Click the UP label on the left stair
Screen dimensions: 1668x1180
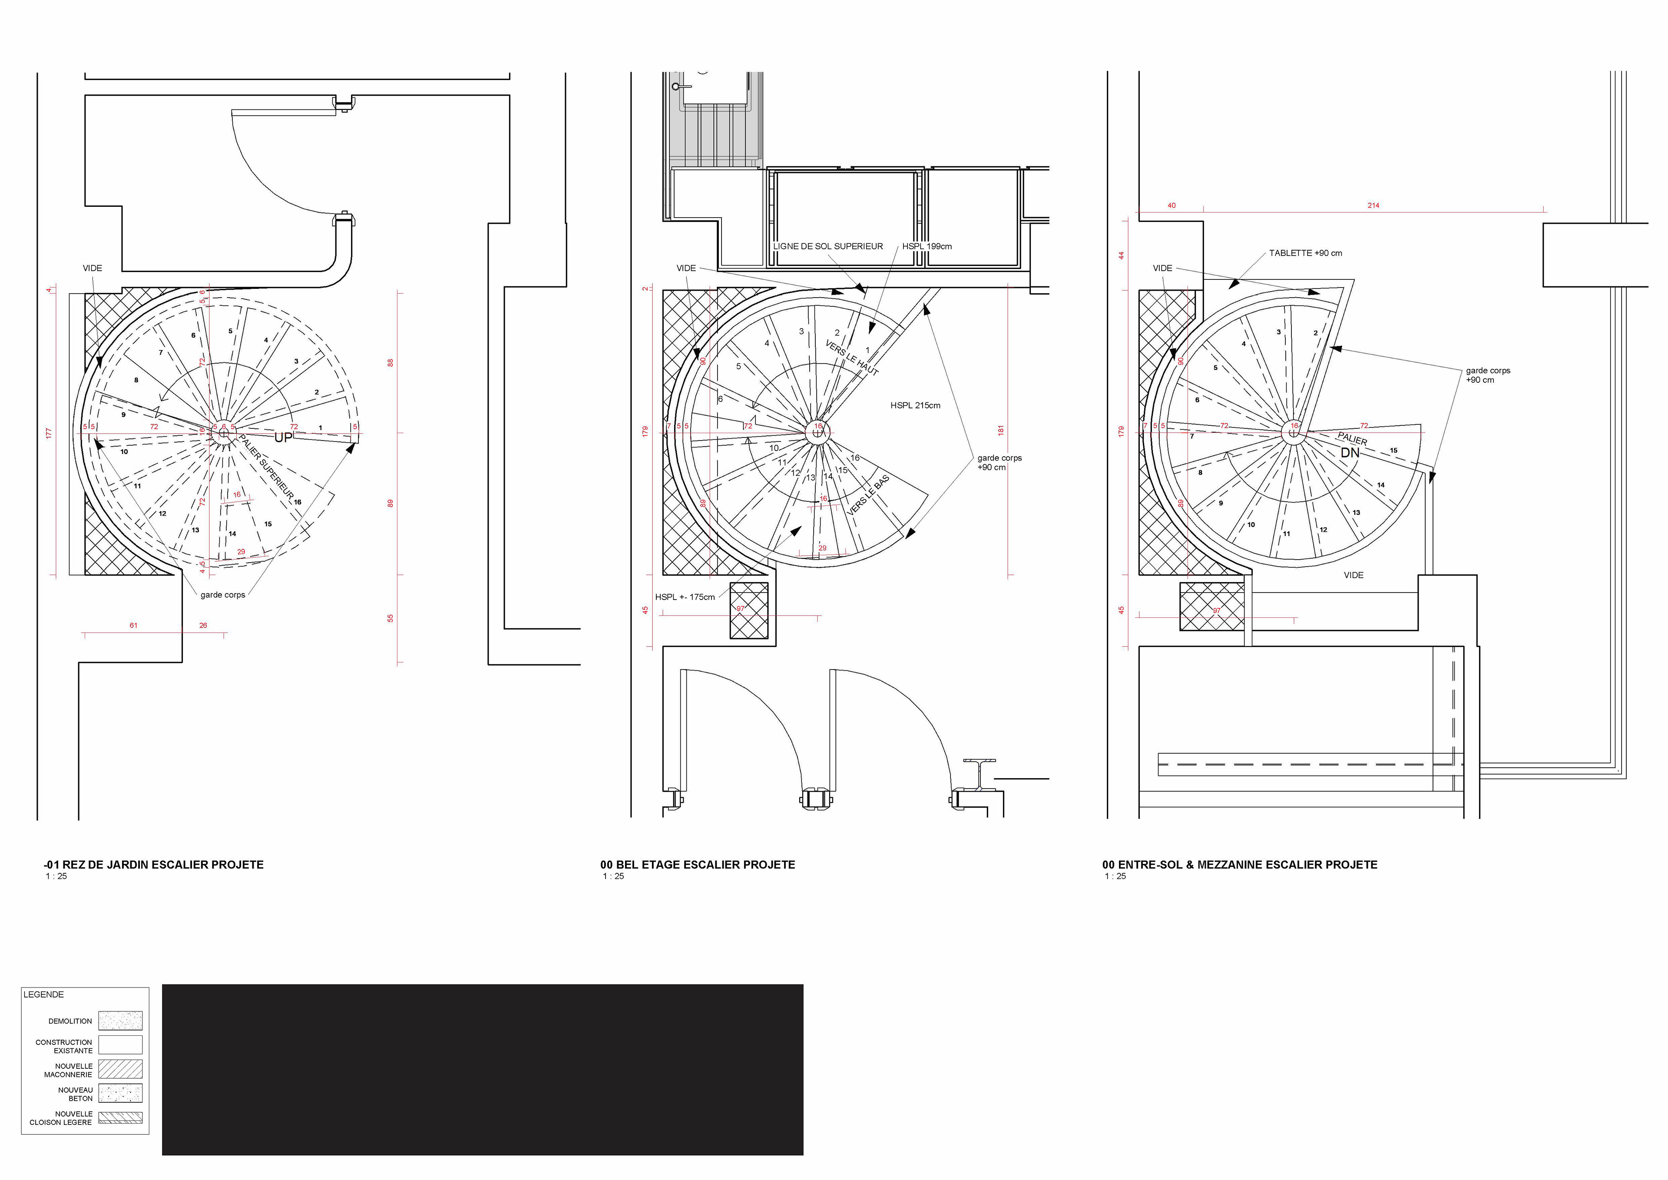tap(283, 438)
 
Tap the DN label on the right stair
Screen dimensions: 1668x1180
tap(1350, 453)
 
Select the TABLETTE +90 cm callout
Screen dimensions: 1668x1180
tap(1305, 253)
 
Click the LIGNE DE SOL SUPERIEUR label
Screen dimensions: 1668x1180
tap(827, 246)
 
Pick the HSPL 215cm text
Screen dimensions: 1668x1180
tap(915, 405)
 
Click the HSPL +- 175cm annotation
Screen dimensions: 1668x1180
tap(684, 597)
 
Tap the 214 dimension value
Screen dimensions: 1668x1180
tap(1373, 206)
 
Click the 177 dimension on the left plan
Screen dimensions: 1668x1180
tap(49, 433)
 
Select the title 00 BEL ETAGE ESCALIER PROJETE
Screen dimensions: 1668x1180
tap(698, 865)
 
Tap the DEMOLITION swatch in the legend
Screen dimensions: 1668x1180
tap(121, 1021)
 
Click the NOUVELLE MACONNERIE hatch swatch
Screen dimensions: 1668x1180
tap(121, 1069)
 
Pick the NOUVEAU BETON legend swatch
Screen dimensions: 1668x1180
tap(121, 1093)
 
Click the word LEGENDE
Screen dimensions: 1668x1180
tap(43, 995)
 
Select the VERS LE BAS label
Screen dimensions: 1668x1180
tap(868, 496)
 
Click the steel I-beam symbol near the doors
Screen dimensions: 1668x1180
tap(979, 776)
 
